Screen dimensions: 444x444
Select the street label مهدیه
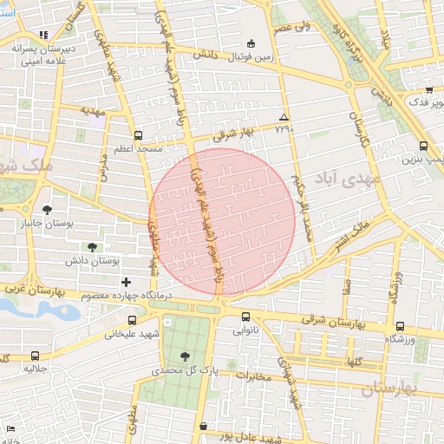pyautogui.click(x=93, y=111)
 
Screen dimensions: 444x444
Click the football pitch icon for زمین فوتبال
pyautogui.click(x=251, y=43)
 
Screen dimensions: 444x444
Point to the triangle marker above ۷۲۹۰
pyautogui.click(x=284, y=116)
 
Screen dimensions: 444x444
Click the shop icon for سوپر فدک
pyautogui.click(x=429, y=89)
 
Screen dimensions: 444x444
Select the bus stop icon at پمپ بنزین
pyautogui.click(x=423, y=147)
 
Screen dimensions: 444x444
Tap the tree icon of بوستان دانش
pyautogui.click(x=93, y=247)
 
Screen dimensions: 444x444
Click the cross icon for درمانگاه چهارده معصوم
pyautogui.click(x=127, y=282)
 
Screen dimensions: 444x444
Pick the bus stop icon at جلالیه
pyautogui.click(x=35, y=356)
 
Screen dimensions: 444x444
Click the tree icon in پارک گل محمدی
pyautogui.click(x=185, y=356)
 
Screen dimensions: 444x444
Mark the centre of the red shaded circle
pyautogui.click(x=222, y=222)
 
